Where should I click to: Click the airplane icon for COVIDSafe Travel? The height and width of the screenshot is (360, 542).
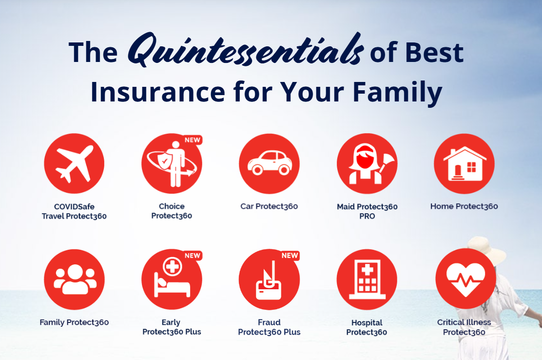74,163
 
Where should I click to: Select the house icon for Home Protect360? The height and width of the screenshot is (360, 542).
464,163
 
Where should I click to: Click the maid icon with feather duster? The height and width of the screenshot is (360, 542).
367,164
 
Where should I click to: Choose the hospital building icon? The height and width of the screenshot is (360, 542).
367,279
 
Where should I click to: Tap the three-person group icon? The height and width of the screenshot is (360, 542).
75,279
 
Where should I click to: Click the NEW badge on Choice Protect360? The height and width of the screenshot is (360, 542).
193,140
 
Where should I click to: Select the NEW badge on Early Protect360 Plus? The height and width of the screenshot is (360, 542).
193,256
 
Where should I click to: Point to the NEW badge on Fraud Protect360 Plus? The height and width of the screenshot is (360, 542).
290,256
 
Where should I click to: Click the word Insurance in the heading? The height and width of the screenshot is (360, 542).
158,92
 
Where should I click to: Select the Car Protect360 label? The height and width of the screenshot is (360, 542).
269,206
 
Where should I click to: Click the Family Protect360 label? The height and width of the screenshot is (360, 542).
74,322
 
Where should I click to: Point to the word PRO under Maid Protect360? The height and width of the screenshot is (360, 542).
367,216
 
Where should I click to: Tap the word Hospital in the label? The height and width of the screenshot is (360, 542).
367,322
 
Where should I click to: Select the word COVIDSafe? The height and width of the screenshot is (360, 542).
74,207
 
